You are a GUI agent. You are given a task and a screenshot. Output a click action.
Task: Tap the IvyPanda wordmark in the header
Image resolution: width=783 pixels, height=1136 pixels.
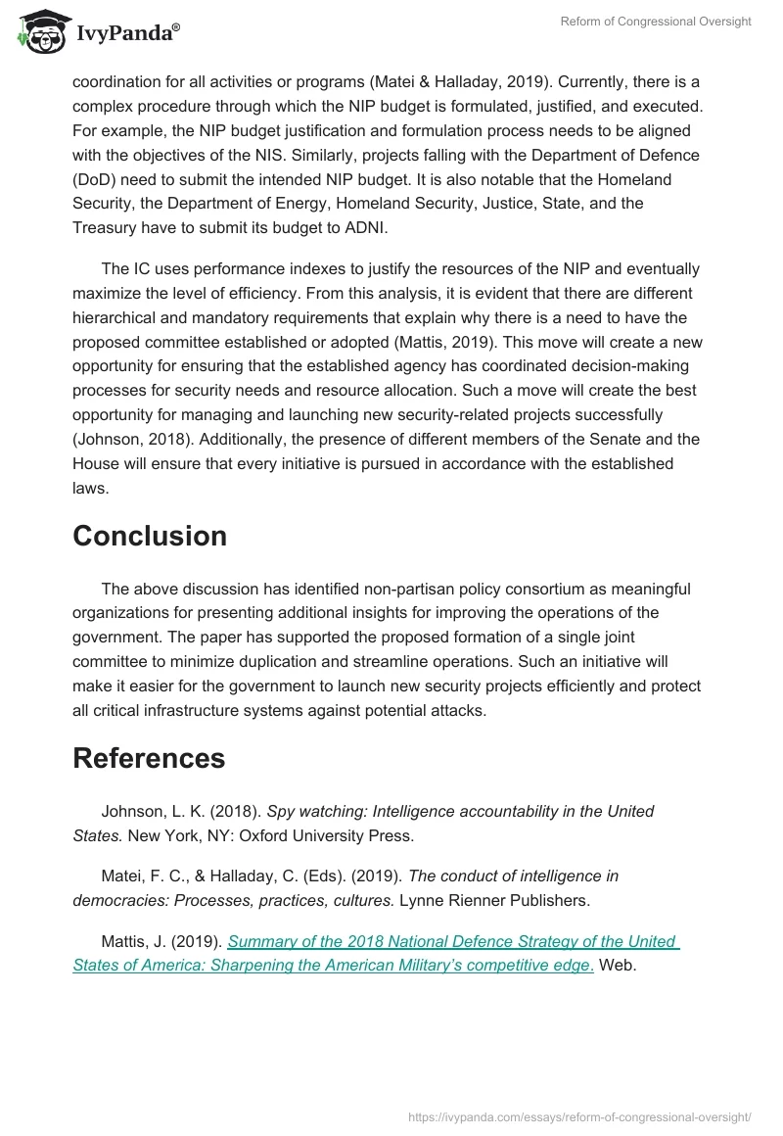(127, 33)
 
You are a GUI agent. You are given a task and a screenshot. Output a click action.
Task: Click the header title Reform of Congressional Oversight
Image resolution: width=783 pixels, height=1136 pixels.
(654, 22)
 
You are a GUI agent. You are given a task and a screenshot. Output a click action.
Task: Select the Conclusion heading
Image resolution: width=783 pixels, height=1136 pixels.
(150, 536)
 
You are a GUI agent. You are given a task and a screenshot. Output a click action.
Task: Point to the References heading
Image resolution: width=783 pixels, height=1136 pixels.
(149, 758)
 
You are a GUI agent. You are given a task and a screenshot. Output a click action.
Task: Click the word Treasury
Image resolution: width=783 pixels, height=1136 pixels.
(107, 226)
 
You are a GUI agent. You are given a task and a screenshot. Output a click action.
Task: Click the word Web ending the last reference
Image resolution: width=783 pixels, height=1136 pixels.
(618, 965)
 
